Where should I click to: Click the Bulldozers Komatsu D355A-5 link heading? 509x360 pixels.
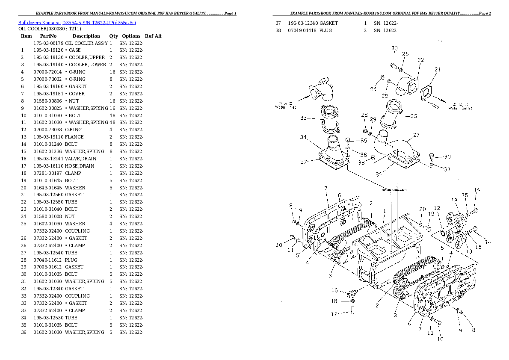click(x=77, y=22)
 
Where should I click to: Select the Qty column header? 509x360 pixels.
click(x=113, y=36)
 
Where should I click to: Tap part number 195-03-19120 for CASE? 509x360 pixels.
click(x=48, y=50)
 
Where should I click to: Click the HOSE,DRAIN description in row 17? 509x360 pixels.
click(x=80, y=166)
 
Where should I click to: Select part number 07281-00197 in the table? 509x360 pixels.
click(x=48, y=173)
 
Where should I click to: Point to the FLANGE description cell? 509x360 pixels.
click(x=74, y=137)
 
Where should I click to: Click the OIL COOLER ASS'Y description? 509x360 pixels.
click(x=86, y=43)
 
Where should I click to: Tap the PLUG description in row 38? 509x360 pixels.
click(x=326, y=30)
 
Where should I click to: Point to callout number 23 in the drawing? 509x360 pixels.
click(x=394, y=48)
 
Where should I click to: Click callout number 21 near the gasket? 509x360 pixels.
click(x=437, y=69)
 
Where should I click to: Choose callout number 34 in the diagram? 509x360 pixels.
click(x=303, y=137)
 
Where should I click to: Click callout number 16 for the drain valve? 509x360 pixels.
click(x=335, y=290)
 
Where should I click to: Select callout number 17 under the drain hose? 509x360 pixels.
click(x=334, y=314)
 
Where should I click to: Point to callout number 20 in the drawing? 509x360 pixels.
click(x=423, y=209)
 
